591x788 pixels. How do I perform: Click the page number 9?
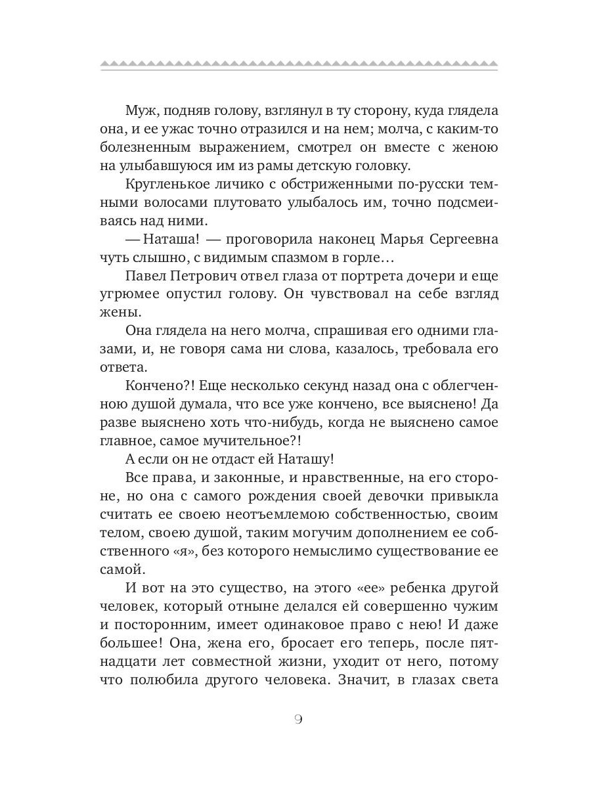click(297, 719)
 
